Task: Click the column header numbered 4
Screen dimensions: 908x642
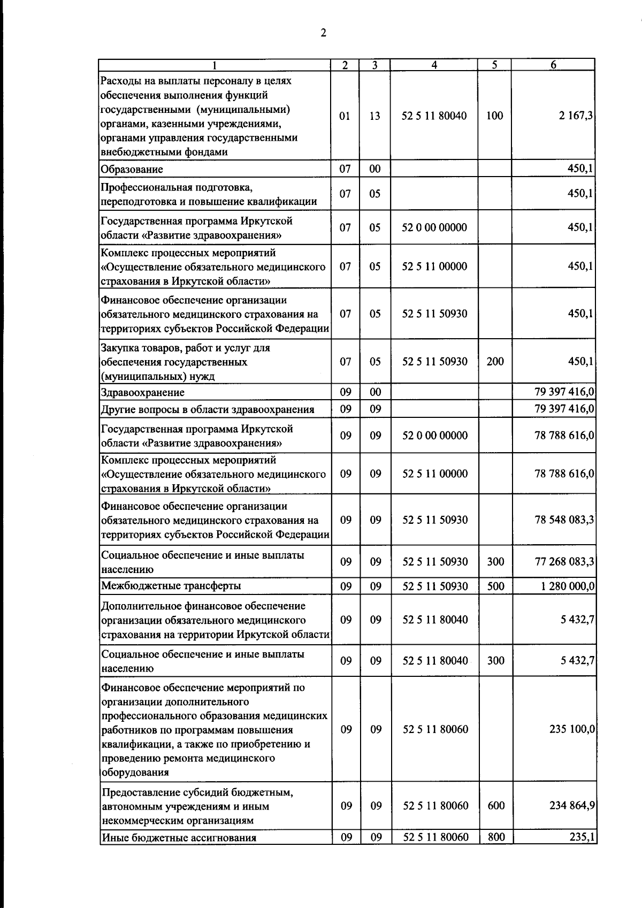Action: point(434,65)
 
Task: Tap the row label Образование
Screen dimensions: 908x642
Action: point(132,169)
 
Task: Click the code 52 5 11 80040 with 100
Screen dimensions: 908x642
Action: point(434,116)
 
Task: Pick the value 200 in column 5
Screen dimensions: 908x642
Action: point(495,361)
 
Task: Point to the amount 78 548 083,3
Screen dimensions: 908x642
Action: point(564,520)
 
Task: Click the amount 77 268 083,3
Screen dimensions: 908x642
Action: point(564,561)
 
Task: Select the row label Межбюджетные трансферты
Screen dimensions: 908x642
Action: point(171,585)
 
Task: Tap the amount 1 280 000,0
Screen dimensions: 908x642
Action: point(567,586)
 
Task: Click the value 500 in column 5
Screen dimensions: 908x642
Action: point(496,586)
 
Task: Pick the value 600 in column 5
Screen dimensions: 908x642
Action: point(496,805)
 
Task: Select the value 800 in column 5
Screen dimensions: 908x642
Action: point(496,837)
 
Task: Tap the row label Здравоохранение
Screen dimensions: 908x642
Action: point(142,392)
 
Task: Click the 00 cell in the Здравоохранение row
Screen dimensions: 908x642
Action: point(375,392)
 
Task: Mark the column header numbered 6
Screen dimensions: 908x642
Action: point(553,65)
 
